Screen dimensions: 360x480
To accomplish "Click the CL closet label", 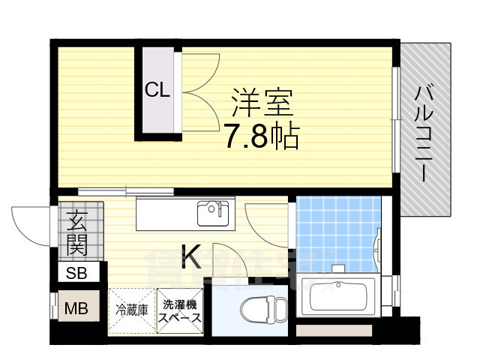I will [157, 91].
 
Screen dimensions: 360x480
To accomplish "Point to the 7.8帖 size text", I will [262, 136].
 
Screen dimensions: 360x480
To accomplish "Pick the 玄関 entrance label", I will [77, 232].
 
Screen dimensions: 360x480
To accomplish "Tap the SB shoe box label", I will [77, 273].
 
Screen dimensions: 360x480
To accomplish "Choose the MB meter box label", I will [75, 307].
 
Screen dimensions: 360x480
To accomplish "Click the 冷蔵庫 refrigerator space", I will [130, 309].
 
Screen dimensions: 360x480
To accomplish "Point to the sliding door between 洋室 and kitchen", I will [105, 192].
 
